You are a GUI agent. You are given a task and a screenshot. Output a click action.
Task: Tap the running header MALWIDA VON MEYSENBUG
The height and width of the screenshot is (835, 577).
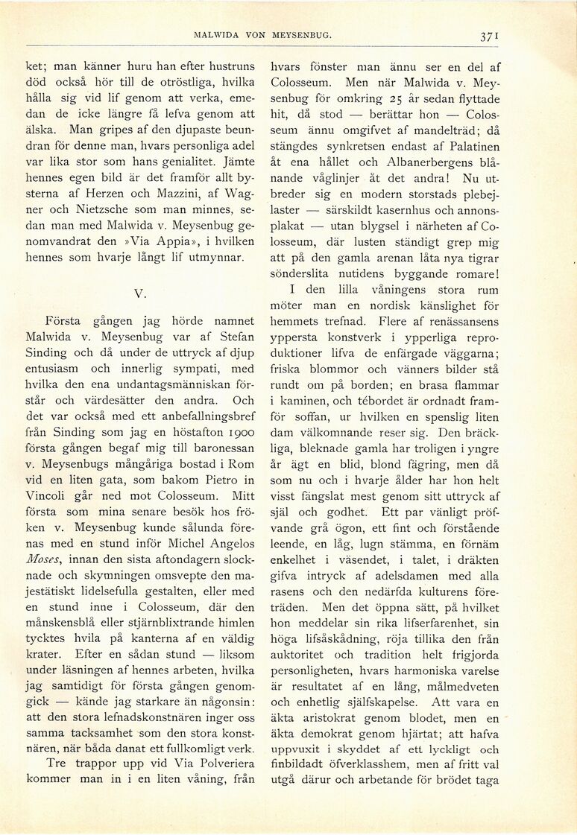click(x=262, y=35)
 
